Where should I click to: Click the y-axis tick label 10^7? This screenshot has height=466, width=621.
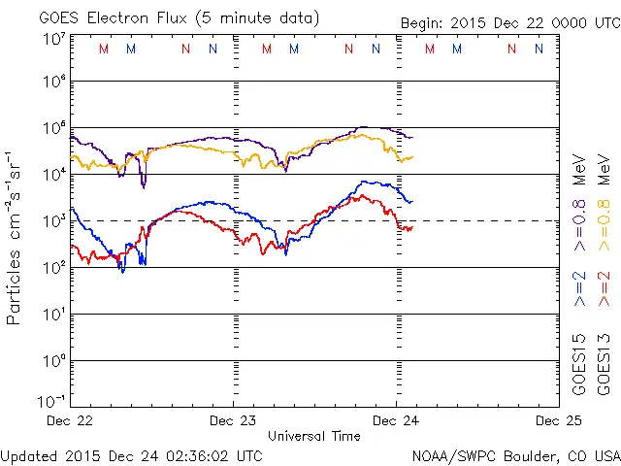click(53, 39)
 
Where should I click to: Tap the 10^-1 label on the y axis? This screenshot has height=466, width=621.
click(51, 401)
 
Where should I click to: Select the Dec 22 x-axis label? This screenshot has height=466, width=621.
click(71, 420)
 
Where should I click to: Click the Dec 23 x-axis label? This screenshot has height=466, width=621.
click(234, 420)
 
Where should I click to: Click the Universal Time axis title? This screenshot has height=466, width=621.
click(314, 436)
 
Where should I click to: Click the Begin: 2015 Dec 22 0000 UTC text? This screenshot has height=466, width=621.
click(510, 24)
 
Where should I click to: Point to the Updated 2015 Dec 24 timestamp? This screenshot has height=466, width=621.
click(131, 454)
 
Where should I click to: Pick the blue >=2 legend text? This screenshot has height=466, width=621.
click(579, 288)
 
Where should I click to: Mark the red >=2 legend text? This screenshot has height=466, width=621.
click(605, 288)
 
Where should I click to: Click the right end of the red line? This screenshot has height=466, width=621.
click(412, 227)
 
